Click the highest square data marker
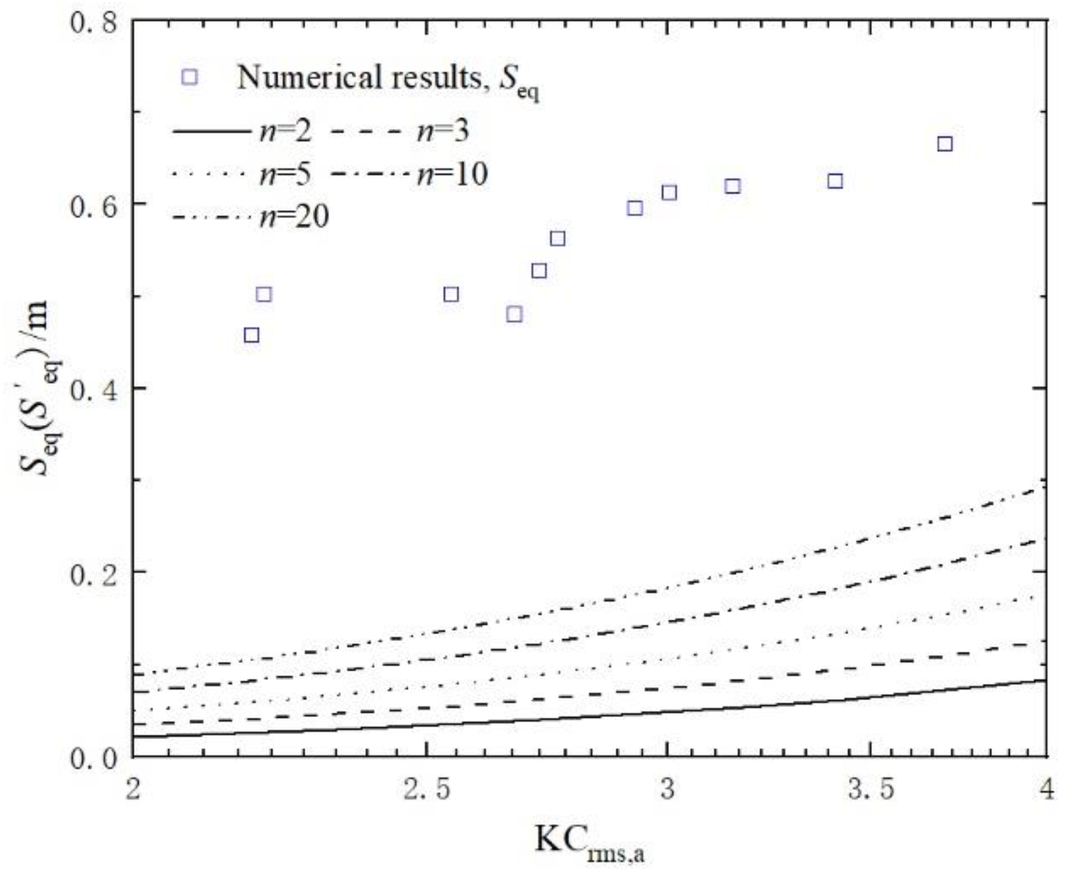(945, 144)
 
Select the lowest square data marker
(252, 335)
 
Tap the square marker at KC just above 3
(669, 192)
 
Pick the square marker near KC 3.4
(836, 181)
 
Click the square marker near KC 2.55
(451, 294)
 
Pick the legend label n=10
(452, 175)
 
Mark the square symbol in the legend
(190, 77)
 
